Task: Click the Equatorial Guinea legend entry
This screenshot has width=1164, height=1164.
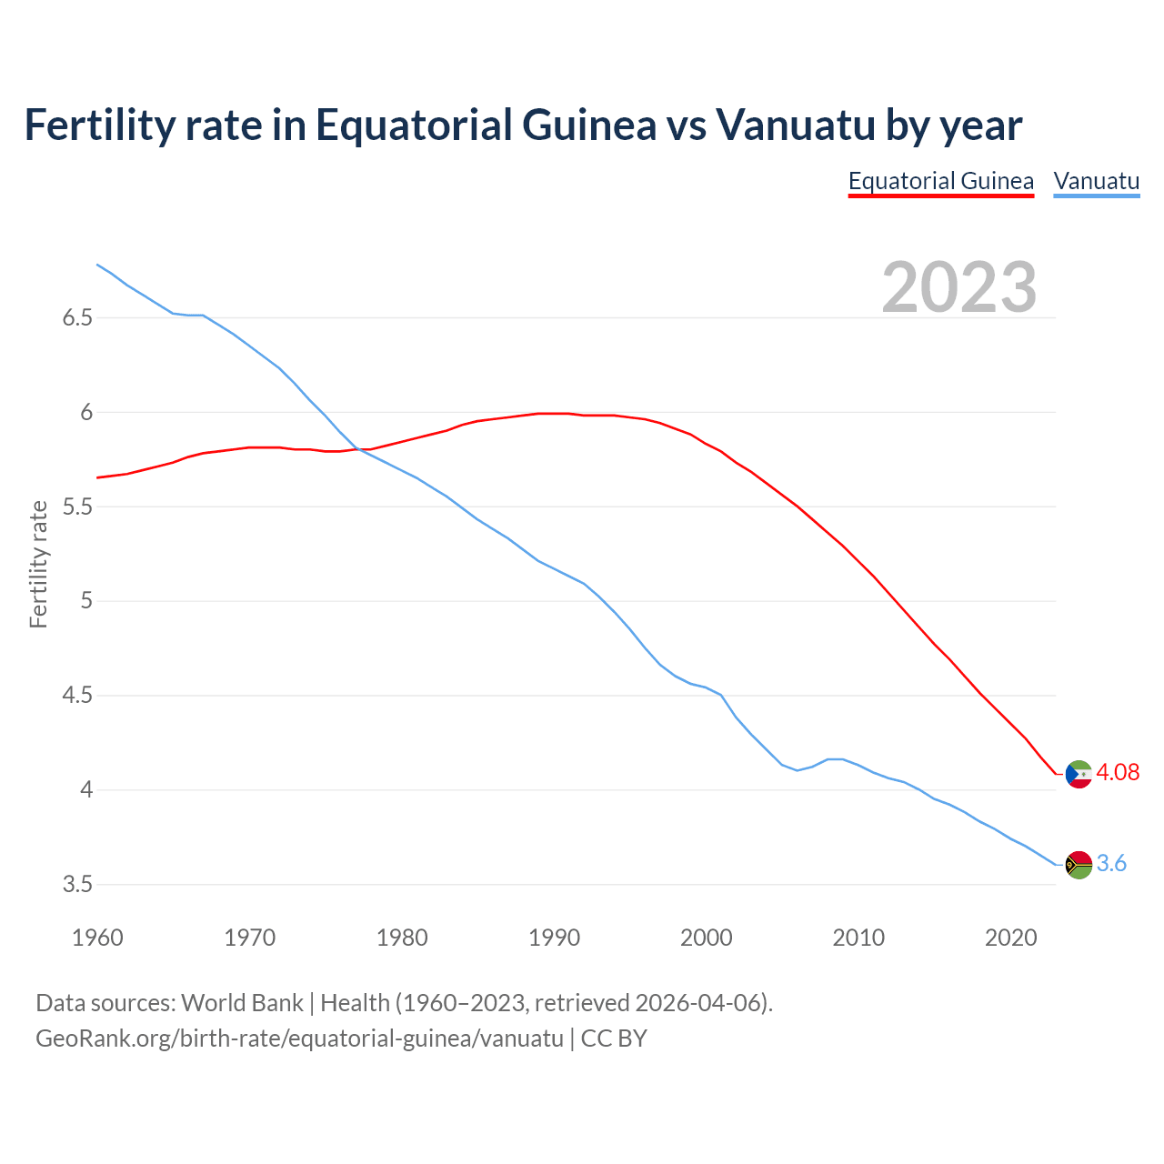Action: (940, 181)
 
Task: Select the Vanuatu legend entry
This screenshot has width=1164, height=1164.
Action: (1096, 181)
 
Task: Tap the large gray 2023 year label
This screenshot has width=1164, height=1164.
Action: (958, 287)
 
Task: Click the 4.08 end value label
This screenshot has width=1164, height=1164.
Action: (1117, 772)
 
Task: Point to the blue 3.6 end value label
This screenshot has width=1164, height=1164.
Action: (1111, 863)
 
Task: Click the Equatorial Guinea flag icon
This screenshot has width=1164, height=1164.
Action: (1079, 774)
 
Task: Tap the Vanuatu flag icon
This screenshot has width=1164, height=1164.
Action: (1079, 864)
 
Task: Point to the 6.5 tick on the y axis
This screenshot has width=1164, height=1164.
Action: (77, 318)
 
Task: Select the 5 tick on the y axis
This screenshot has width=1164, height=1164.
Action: (86, 601)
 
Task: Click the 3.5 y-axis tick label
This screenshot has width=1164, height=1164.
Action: (77, 884)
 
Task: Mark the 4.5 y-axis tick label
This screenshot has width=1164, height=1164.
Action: (77, 696)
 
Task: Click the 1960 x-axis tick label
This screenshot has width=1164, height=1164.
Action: (97, 938)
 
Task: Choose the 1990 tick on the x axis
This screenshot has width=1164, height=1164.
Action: (554, 938)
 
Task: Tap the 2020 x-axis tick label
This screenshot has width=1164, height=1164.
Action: (1010, 938)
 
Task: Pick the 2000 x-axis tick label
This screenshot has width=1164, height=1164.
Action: (706, 938)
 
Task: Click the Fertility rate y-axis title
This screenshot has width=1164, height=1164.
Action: (38, 564)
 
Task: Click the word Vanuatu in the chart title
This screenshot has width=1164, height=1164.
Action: (795, 125)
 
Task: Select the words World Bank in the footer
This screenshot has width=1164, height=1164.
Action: (242, 1003)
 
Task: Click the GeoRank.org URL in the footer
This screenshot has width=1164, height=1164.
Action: (299, 1039)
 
